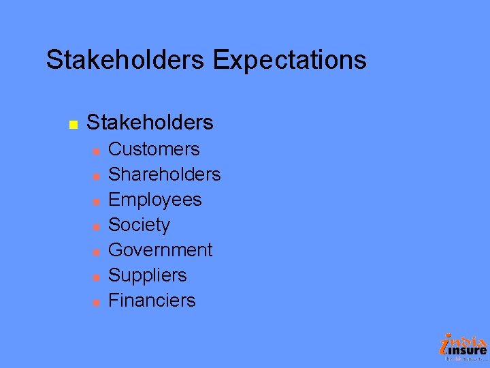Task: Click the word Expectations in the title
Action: tap(289, 60)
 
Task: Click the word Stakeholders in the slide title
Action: tap(125, 60)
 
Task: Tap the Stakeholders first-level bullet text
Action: tap(150, 123)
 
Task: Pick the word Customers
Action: tap(154, 149)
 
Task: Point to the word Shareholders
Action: tap(165, 174)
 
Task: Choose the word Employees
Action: tap(155, 200)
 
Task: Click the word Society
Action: tap(139, 225)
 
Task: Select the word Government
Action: tap(161, 250)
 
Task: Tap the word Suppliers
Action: tap(148, 275)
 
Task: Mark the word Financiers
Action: tap(152, 301)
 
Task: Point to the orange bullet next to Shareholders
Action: tap(97, 176)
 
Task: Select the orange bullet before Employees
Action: tap(97, 201)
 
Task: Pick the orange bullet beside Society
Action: tap(97, 226)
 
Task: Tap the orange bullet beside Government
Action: tap(97, 251)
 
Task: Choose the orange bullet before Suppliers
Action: tap(97, 277)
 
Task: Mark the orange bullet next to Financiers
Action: tap(97, 302)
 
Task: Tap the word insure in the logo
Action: tap(468, 350)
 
